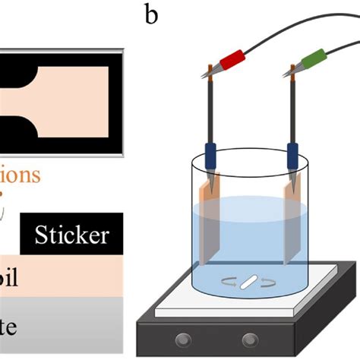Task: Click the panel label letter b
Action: [152, 14]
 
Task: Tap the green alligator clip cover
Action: [313, 57]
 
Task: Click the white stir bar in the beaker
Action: [249, 286]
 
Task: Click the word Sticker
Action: [72, 234]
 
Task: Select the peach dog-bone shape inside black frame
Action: [68, 97]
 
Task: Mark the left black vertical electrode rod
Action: [208, 114]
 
